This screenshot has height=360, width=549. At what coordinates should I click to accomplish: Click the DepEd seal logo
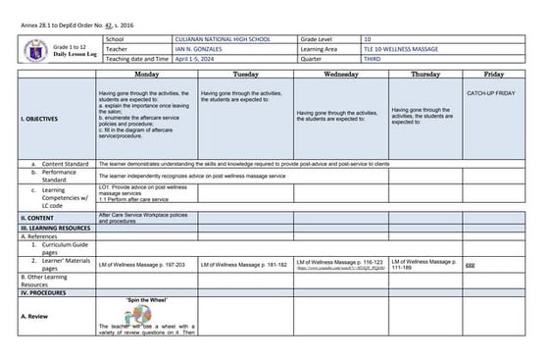point(35,48)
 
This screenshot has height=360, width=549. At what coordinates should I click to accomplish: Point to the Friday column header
point(494,75)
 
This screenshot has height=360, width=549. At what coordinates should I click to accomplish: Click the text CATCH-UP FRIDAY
point(494,91)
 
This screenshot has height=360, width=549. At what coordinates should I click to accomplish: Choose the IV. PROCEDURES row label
point(45,292)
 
